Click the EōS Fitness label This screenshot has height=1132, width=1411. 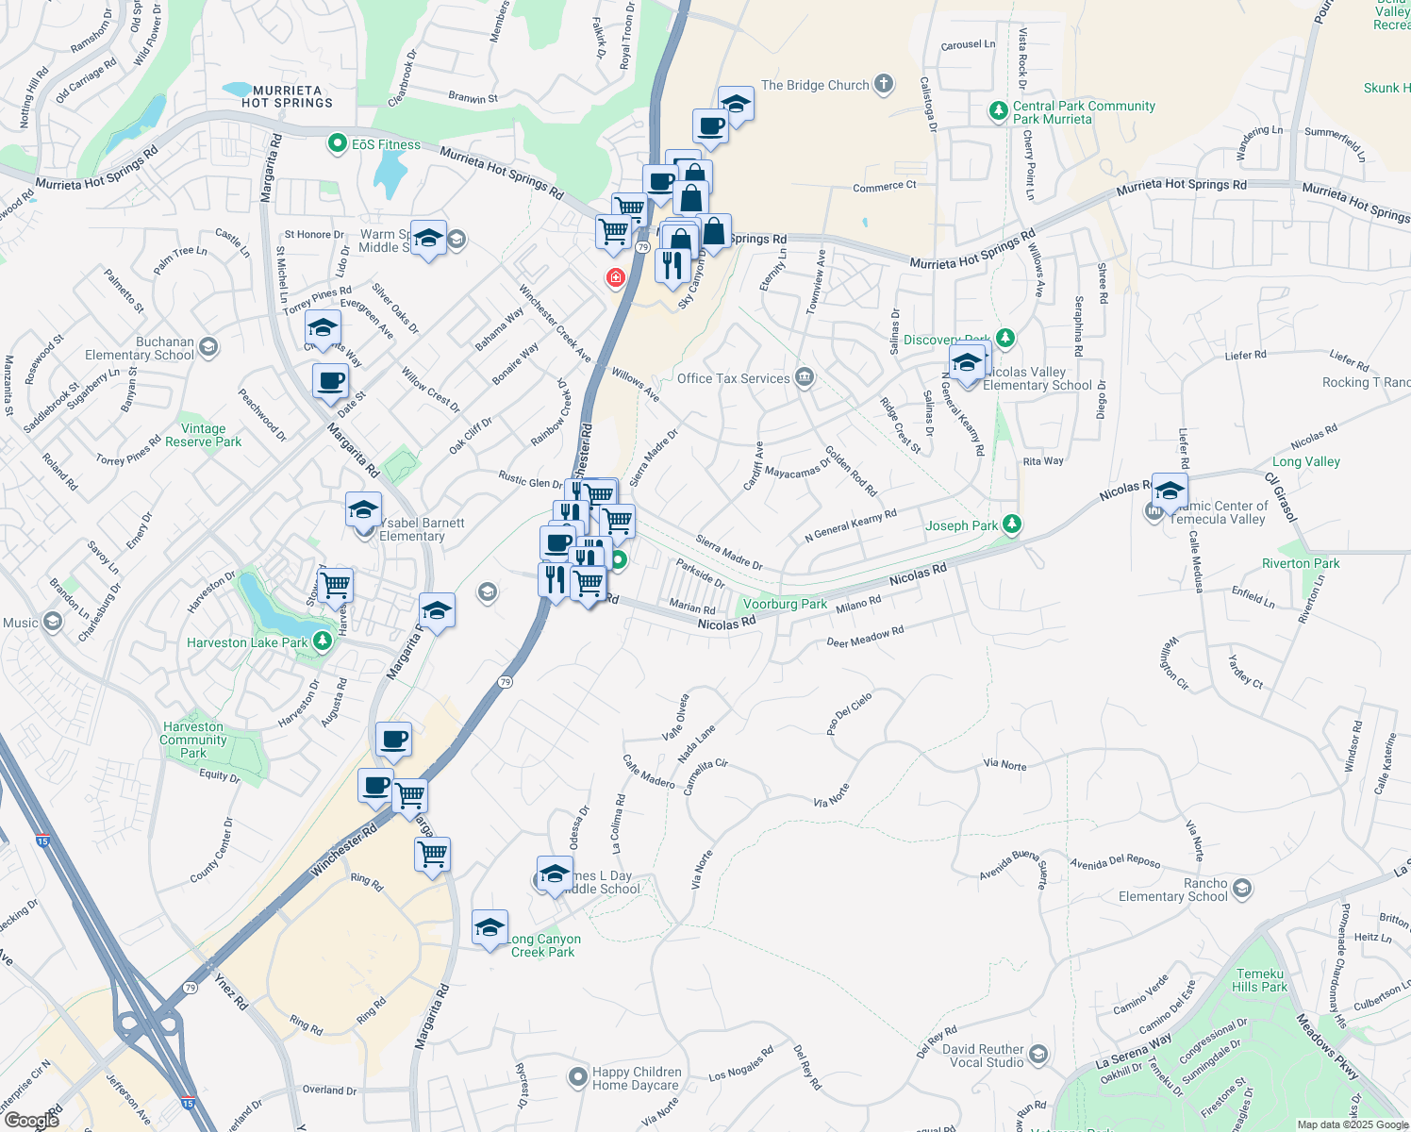tap(386, 144)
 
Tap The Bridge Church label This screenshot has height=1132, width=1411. tap(815, 85)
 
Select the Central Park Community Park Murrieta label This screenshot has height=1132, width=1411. tap(1084, 112)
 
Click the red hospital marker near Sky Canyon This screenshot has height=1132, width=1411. tap(616, 277)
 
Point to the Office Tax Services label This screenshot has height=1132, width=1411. tap(733, 378)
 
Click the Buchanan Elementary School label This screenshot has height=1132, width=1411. tap(140, 348)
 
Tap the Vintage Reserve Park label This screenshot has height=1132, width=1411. tap(203, 435)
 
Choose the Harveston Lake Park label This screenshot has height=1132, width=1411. tap(247, 642)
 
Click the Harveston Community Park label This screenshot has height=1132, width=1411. tap(193, 740)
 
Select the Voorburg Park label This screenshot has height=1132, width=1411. tap(785, 604)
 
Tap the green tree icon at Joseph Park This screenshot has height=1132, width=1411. tap(1012, 524)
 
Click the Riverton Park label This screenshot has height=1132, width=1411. tap(1301, 563)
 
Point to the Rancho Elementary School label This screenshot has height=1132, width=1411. tap(1173, 890)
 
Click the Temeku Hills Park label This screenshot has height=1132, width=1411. tap(1259, 980)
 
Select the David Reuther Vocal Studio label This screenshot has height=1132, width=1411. tap(983, 1056)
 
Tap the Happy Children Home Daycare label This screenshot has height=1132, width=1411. tap(636, 1078)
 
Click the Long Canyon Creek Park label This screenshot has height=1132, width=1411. tap(545, 945)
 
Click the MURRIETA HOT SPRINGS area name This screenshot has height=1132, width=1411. tap(287, 97)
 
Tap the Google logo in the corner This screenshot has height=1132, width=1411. tap(31, 1121)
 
